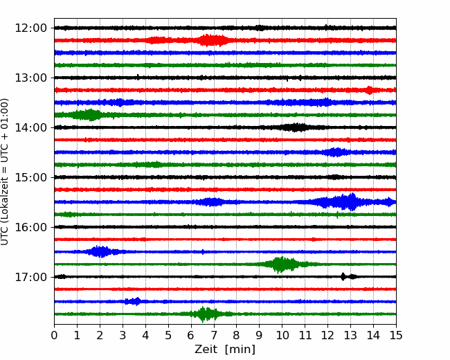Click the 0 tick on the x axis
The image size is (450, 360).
(55, 336)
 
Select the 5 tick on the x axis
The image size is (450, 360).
(168, 336)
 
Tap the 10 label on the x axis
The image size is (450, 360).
(282, 336)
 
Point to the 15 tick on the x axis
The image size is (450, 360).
(395, 336)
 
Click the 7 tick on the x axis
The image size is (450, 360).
(214, 336)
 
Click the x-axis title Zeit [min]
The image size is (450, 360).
(225, 350)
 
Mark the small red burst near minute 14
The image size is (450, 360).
(370, 90)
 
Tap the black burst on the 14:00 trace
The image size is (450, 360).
(296, 127)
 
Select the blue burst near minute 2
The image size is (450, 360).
(101, 251)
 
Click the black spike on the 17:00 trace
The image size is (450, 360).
(343, 276)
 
